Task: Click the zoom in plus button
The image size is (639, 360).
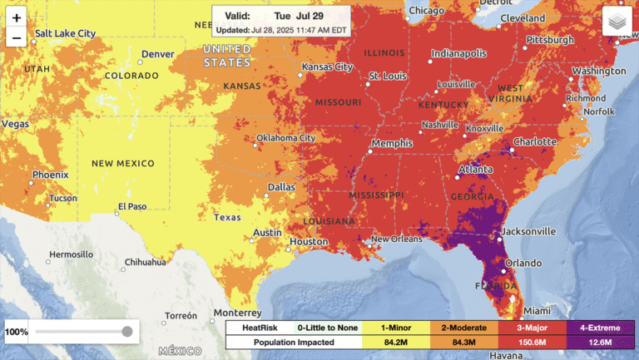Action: [x=16, y=17]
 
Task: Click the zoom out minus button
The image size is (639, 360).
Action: [x=16, y=37]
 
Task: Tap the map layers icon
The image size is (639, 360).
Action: [x=617, y=22]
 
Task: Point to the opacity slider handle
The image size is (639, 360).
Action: [x=126, y=332]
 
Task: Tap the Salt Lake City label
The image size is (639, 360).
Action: [x=64, y=33]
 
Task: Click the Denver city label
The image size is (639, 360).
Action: [x=157, y=54]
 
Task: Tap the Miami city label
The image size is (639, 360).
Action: [x=537, y=310]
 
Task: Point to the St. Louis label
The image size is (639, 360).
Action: [x=387, y=76]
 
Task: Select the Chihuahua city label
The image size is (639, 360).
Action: [x=145, y=262]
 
